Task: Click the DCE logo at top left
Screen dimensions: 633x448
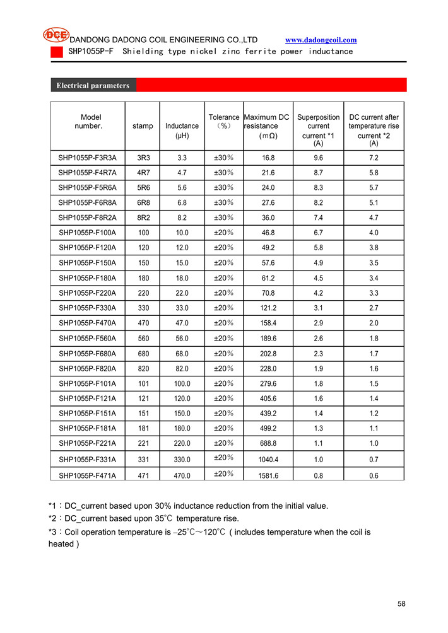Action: (x=56, y=35)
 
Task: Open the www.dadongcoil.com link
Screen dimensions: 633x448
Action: (x=326, y=40)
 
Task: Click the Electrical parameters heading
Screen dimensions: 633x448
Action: (x=93, y=85)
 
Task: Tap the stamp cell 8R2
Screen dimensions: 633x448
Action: (x=143, y=218)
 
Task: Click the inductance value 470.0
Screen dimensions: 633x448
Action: (x=182, y=476)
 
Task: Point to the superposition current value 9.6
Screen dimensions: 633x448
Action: (x=318, y=158)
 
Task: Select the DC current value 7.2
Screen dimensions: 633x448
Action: (x=374, y=158)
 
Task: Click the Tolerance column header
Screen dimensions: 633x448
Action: (x=224, y=121)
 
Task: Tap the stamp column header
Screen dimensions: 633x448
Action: (x=143, y=126)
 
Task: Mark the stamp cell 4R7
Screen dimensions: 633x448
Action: (x=143, y=173)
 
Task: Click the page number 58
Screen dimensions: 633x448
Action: (x=402, y=604)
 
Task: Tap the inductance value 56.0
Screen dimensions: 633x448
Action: (x=182, y=339)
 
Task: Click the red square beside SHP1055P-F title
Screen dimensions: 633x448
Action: (x=57, y=52)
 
